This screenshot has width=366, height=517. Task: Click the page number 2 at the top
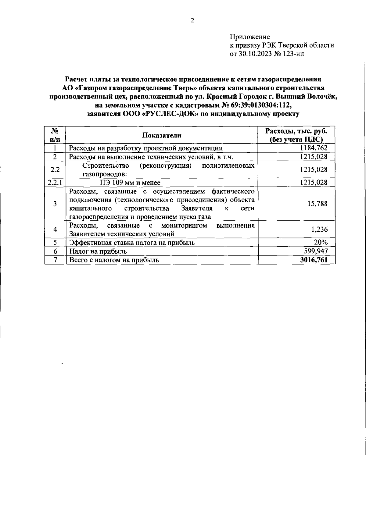(x=192, y=21)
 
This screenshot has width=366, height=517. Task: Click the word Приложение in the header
(x=249, y=37)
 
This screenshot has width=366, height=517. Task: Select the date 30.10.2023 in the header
(x=255, y=54)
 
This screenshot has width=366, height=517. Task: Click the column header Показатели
(x=162, y=135)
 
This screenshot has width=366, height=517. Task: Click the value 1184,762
(x=314, y=148)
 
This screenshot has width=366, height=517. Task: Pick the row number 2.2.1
(x=55, y=182)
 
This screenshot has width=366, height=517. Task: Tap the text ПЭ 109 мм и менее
(x=130, y=182)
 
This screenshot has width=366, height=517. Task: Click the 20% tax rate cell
(x=321, y=242)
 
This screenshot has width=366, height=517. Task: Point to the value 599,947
(x=316, y=251)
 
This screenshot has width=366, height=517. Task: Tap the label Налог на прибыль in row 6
(x=98, y=251)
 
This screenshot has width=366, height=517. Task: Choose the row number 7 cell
(x=55, y=260)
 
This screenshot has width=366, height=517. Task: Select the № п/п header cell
(x=55, y=135)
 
